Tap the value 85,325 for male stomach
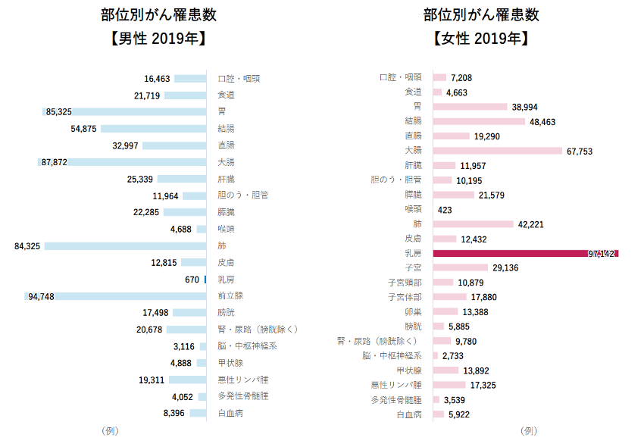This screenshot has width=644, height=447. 58,112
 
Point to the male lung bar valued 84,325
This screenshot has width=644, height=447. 125,246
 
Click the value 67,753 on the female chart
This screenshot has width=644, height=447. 580,152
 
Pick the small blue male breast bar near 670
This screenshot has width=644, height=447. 205,280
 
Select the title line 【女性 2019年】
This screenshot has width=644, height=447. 481,39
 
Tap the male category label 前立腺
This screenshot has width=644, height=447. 231,296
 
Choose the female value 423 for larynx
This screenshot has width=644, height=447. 445,210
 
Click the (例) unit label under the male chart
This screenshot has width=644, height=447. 109,430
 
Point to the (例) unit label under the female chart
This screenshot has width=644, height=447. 528,430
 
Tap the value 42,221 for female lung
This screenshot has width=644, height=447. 532,224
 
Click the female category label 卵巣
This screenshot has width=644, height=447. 413,312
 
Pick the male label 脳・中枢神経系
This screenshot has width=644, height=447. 247,346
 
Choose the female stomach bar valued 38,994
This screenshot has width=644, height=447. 470,107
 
